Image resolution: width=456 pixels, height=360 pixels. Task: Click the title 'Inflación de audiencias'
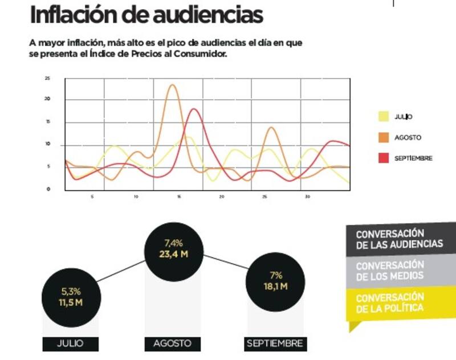coord(146,15)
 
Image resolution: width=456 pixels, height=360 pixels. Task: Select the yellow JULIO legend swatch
coord(384,117)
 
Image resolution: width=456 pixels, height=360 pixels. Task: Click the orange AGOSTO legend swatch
coord(384,137)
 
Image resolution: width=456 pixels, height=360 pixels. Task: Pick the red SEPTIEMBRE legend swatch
coord(384,158)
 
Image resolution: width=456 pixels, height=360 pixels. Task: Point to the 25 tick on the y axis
coord(48,78)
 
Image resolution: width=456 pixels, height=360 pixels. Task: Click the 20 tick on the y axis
coord(48,100)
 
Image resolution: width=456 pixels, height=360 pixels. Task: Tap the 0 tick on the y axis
coord(48,189)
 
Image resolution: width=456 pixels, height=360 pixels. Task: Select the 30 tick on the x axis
coord(308,197)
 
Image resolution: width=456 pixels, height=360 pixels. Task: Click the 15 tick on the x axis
coord(179,197)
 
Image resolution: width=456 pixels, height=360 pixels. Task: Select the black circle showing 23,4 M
coord(173,249)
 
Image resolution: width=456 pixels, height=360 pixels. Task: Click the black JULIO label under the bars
coord(71,343)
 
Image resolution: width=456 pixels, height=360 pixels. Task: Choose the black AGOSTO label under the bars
coord(173,343)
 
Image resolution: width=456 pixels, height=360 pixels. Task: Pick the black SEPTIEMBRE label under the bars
coord(275,343)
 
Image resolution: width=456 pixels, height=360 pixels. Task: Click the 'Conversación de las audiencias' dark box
coord(399,239)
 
